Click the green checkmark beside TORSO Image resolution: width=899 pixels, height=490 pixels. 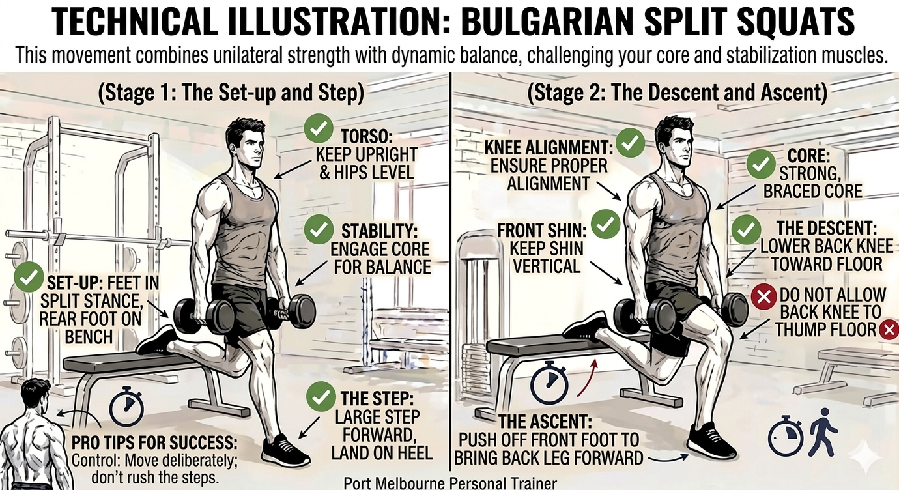pyautogui.click(x=319, y=128)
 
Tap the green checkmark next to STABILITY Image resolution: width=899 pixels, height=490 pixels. pyautogui.click(x=319, y=229)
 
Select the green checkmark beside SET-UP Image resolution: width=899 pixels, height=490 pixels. pyautogui.click(x=29, y=277)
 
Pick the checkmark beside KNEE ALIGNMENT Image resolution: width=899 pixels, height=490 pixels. pyautogui.click(x=630, y=142)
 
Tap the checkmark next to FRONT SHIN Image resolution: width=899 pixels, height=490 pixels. pyautogui.click(x=606, y=224)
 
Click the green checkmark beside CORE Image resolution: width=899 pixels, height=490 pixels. pyautogui.click(x=760, y=164)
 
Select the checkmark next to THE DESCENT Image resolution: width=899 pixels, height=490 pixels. pyautogui.click(x=746, y=230)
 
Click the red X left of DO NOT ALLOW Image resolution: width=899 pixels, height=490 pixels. pyautogui.click(x=763, y=296)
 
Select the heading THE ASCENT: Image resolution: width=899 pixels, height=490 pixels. pyautogui.click(x=545, y=422)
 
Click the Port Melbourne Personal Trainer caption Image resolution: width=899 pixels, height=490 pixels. pyautogui.click(x=450, y=483)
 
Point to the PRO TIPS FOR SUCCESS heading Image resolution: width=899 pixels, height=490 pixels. pyautogui.click(x=154, y=442)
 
